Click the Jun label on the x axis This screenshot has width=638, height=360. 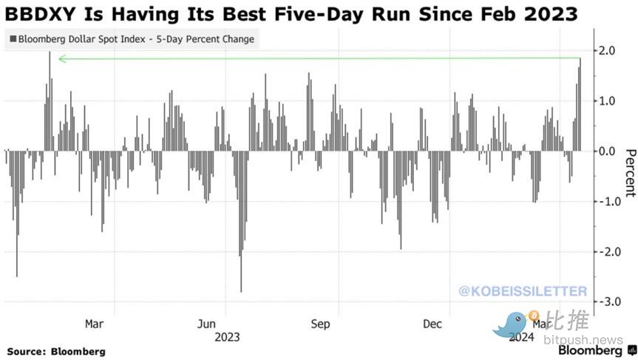208,324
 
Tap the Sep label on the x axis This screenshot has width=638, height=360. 320,324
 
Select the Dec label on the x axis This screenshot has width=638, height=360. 432,324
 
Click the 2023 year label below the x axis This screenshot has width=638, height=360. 226,337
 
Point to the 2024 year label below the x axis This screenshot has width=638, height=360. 521,337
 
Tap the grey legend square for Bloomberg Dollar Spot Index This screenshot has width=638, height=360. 13,38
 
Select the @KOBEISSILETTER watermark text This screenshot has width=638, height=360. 523,291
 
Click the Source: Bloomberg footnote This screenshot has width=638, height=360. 56,351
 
